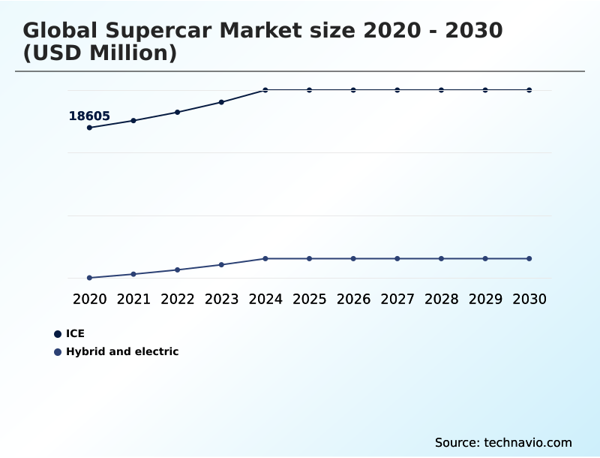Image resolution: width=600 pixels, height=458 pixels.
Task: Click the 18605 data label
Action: click(89, 116)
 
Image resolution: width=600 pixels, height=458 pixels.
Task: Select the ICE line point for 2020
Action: click(89, 128)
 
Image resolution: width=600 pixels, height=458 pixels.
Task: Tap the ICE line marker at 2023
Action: click(221, 102)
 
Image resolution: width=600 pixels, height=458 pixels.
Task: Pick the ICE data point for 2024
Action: click(265, 90)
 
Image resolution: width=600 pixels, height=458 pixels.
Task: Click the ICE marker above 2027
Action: click(397, 90)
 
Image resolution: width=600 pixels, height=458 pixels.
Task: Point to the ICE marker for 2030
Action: click(529, 90)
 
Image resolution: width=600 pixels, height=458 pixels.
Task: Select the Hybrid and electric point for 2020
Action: click(89, 278)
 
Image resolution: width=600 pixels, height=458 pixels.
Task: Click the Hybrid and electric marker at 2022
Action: click(178, 270)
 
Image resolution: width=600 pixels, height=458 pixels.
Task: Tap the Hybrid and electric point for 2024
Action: click(265, 258)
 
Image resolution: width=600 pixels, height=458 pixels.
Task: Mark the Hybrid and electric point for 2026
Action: click(353, 258)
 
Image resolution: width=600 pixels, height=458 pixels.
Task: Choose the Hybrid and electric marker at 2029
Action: click(485, 258)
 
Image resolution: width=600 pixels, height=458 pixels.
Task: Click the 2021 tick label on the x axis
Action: click(133, 299)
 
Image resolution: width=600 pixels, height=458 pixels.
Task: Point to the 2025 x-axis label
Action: click(309, 299)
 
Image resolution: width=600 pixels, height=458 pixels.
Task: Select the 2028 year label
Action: click(441, 299)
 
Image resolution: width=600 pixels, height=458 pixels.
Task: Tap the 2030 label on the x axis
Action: click(529, 299)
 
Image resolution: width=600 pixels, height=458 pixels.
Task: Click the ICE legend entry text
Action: click(75, 333)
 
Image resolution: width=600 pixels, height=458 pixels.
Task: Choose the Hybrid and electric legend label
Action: click(122, 351)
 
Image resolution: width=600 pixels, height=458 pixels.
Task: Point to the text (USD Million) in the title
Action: click(100, 54)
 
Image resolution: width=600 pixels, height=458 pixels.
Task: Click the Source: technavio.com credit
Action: click(503, 442)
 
